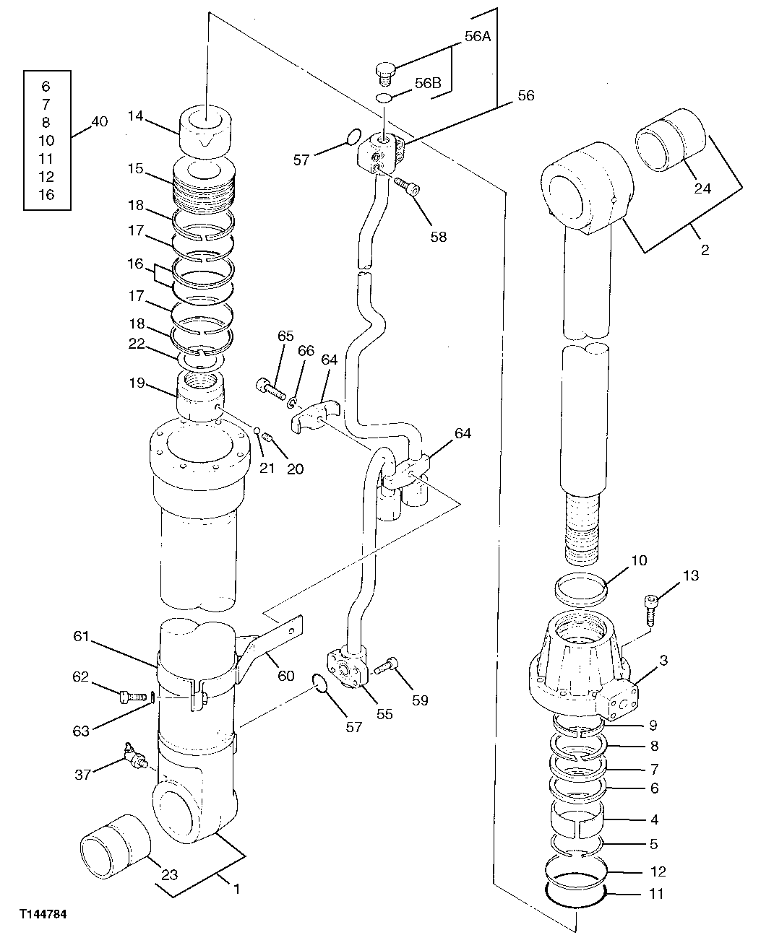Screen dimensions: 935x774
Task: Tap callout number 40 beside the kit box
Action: [99, 121]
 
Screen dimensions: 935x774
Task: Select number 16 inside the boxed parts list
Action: [46, 194]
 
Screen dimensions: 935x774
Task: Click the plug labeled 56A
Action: [386, 71]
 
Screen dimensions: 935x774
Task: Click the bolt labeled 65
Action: [269, 388]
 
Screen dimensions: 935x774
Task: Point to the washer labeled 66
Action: [292, 401]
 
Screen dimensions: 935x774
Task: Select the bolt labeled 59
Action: [387, 665]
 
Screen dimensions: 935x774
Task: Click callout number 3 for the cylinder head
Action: [663, 661]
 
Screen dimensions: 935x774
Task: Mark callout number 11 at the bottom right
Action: [655, 894]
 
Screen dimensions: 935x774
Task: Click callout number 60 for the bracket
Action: [286, 676]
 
